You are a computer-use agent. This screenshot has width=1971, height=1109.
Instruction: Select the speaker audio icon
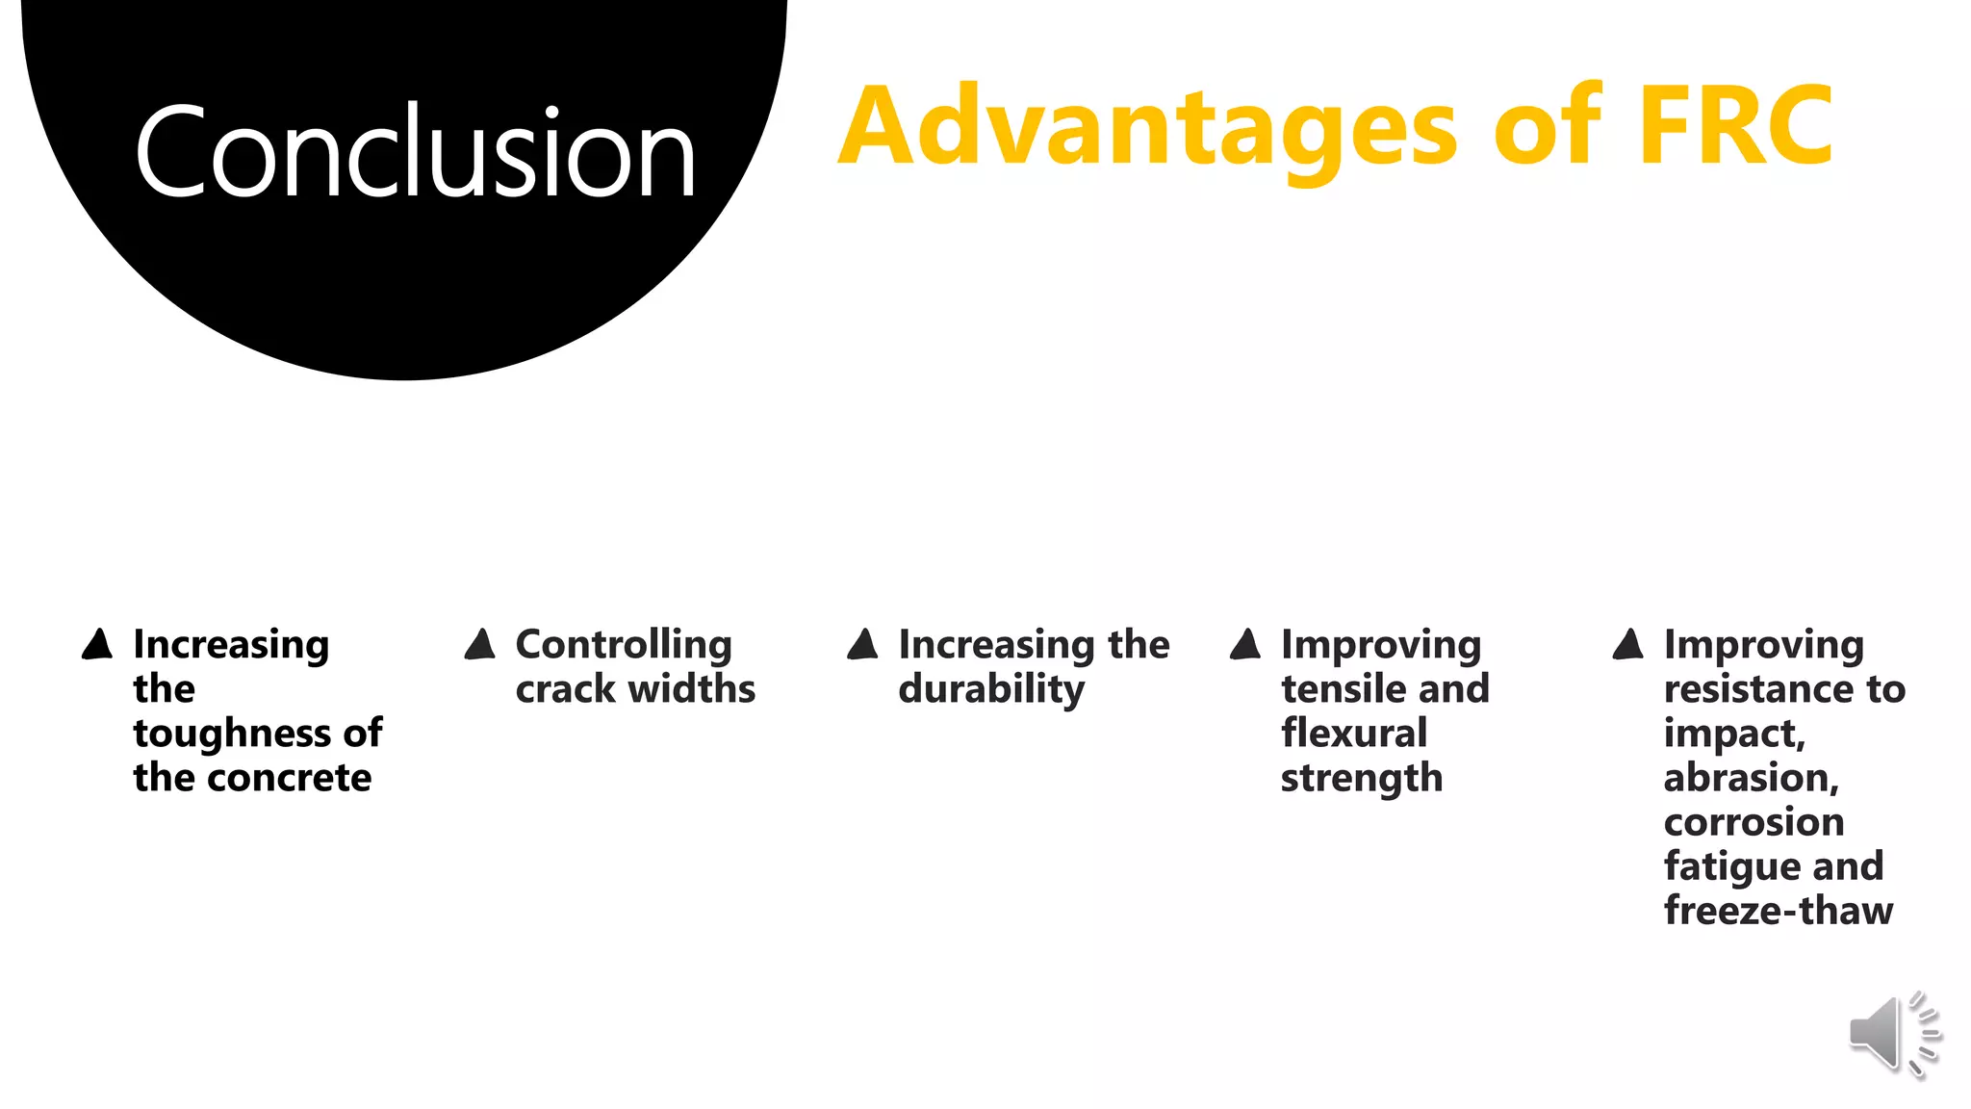tap(1893, 1033)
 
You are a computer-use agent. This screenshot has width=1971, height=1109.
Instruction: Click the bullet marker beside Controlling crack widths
tap(480, 644)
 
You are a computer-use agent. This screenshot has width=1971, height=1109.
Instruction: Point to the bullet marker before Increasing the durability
tap(863, 644)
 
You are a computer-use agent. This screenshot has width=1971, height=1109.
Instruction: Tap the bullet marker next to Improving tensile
tap(1245, 644)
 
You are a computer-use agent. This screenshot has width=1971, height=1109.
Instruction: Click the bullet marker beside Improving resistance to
tap(1628, 644)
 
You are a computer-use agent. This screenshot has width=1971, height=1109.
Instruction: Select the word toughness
tap(233, 734)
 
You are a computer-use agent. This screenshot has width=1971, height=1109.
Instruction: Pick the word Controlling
tap(624, 645)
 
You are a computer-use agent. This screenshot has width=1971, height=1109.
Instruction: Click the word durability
tap(991, 690)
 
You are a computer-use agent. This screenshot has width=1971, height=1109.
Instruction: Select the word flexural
tap(1354, 734)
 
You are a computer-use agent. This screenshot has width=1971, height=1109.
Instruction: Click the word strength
tap(1362, 778)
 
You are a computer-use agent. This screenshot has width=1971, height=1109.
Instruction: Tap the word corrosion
tap(1753, 822)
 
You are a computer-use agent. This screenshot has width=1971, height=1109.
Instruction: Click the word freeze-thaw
tap(1779, 911)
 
